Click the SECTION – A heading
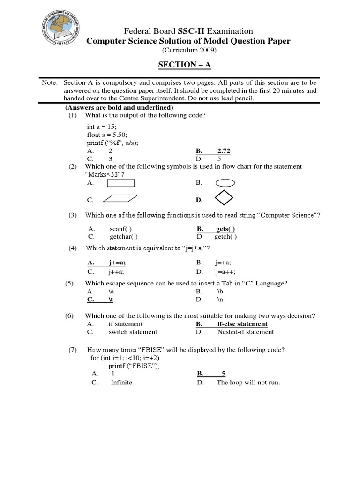[x=180, y=65]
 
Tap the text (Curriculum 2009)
[x=190, y=50]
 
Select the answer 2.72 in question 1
[x=224, y=151]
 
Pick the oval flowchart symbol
[x=225, y=183]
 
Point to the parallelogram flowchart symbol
[x=120, y=199]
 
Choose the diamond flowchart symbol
[x=224, y=198]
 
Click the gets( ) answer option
[x=225, y=229]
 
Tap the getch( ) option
[x=226, y=237]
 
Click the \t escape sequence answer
[x=112, y=299]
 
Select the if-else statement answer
[x=242, y=324]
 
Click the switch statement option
[x=133, y=332]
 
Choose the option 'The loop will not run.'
[x=248, y=382]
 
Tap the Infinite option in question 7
[x=121, y=382]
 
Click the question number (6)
[x=70, y=316]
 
